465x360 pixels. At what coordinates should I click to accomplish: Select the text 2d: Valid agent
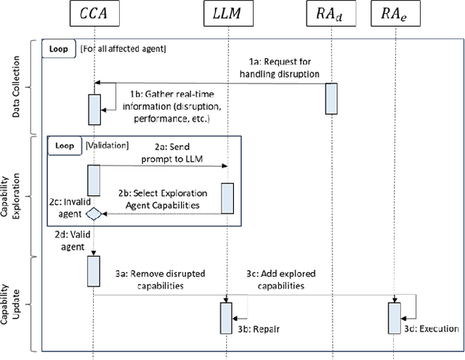point(70,241)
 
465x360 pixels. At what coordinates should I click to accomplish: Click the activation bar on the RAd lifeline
point(331,98)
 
